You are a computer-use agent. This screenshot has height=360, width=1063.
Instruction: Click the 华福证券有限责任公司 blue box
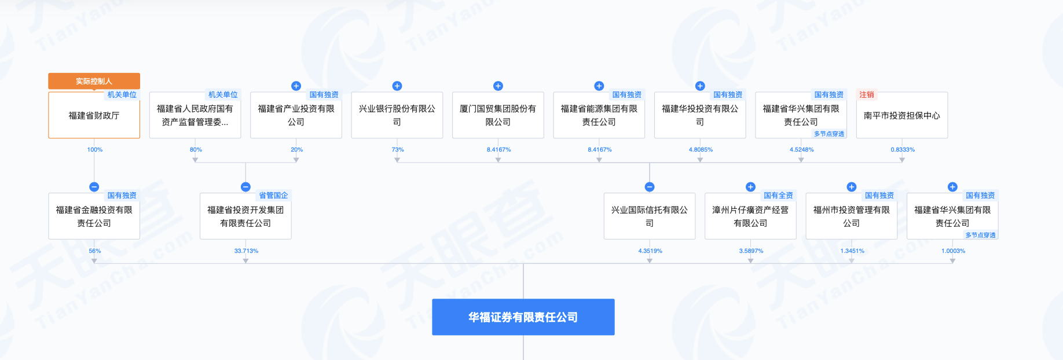(x=523, y=317)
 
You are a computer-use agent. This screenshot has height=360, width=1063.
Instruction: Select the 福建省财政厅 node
(x=94, y=116)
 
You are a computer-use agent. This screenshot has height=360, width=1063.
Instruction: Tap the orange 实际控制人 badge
(x=94, y=81)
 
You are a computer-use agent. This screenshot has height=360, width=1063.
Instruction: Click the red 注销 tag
(x=867, y=95)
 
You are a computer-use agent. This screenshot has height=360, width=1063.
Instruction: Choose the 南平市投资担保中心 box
(x=901, y=116)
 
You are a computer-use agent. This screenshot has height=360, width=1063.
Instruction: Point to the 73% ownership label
(x=398, y=150)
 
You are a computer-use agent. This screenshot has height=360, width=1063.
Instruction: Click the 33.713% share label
(x=246, y=251)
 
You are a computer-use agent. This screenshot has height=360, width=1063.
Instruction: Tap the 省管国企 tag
(x=273, y=196)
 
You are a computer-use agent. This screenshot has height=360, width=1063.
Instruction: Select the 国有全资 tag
(x=778, y=196)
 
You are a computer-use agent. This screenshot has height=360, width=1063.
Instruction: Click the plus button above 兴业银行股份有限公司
(x=397, y=86)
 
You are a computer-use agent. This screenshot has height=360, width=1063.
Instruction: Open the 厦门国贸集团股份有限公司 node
(x=498, y=116)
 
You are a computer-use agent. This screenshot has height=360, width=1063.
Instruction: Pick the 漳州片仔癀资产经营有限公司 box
(x=750, y=216)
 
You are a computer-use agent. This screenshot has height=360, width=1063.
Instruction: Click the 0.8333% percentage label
(x=903, y=150)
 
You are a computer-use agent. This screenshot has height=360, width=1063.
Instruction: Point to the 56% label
(x=95, y=251)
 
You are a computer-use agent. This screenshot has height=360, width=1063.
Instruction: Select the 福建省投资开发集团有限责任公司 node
(x=245, y=216)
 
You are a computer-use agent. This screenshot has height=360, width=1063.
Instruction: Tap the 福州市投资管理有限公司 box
(x=851, y=216)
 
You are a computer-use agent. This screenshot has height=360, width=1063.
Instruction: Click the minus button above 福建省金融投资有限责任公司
(x=94, y=187)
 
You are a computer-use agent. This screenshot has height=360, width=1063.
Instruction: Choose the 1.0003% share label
(x=953, y=251)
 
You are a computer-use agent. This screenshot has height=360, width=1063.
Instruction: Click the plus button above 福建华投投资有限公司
(x=700, y=86)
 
